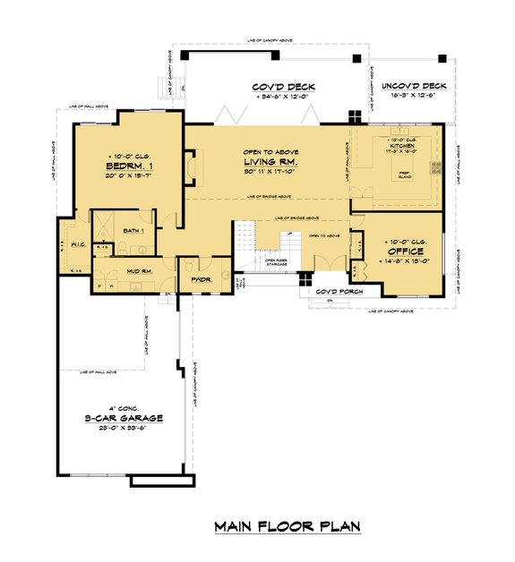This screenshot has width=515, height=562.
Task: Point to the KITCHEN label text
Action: pyautogui.click(x=396, y=147)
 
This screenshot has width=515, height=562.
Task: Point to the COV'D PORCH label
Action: pyautogui.click(x=334, y=292)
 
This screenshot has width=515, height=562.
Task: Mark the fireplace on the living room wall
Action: pyautogui.click(x=191, y=166)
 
